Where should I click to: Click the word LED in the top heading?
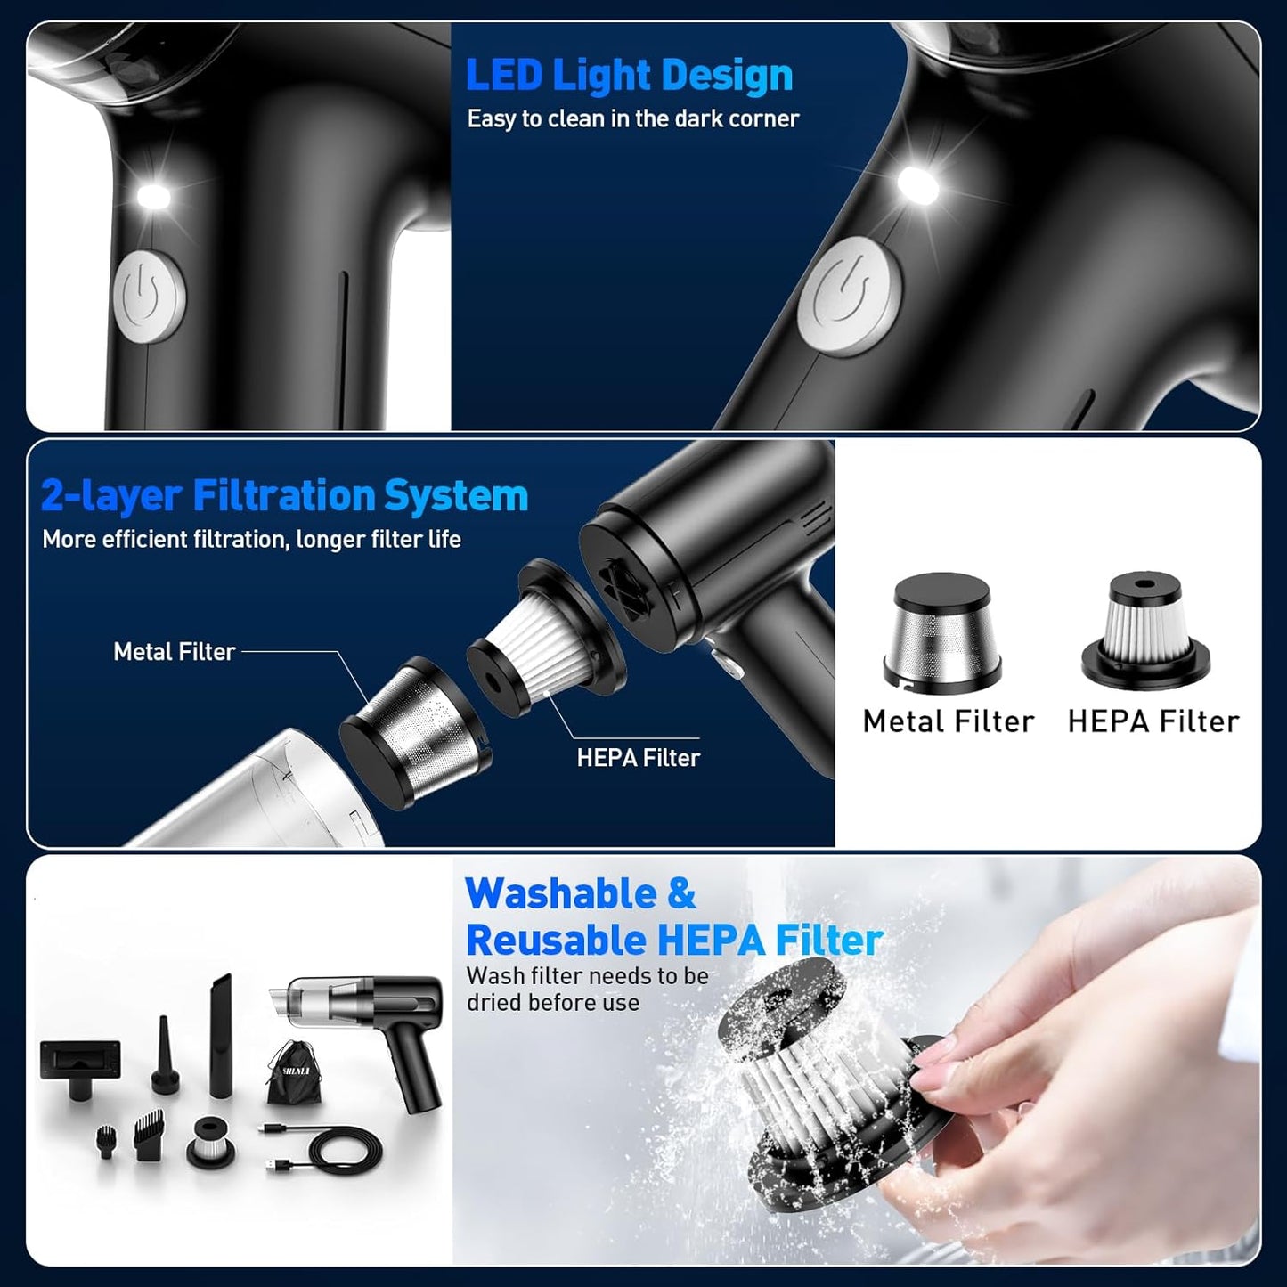(503, 75)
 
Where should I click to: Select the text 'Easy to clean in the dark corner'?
(632, 118)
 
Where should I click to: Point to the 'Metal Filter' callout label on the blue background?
(175, 652)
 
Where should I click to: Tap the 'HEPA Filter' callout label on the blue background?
(638, 758)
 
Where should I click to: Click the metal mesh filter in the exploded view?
(414, 730)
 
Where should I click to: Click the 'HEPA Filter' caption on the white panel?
(1153, 721)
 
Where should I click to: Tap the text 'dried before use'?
(553, 1003)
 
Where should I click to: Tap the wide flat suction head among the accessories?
(80, 1060)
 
